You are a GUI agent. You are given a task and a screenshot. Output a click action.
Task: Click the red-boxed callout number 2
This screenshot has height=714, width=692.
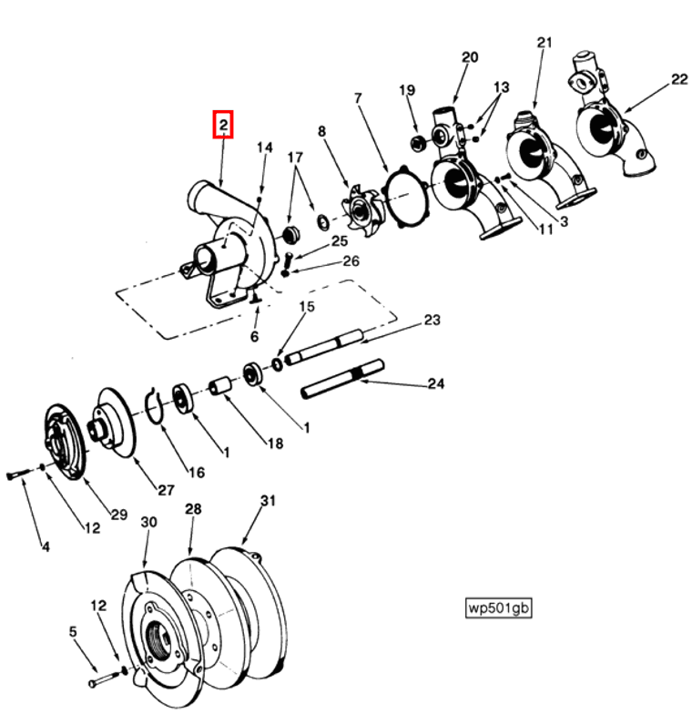(223, 124)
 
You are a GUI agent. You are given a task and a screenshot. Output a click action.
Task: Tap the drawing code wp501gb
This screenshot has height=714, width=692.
(497, 607)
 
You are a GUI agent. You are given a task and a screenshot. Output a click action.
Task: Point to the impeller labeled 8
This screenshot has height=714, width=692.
(363, 209)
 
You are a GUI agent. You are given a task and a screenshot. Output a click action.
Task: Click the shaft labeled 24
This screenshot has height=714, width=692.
(341, 380)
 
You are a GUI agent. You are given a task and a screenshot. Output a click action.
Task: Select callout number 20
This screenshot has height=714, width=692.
(469, 57)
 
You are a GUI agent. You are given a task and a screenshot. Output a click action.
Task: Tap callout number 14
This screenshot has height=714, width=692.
(264, 148)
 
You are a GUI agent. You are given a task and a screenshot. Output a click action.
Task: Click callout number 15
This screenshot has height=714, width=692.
(306, 306)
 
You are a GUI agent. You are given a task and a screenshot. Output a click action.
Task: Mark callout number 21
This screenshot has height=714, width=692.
(544, 43)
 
